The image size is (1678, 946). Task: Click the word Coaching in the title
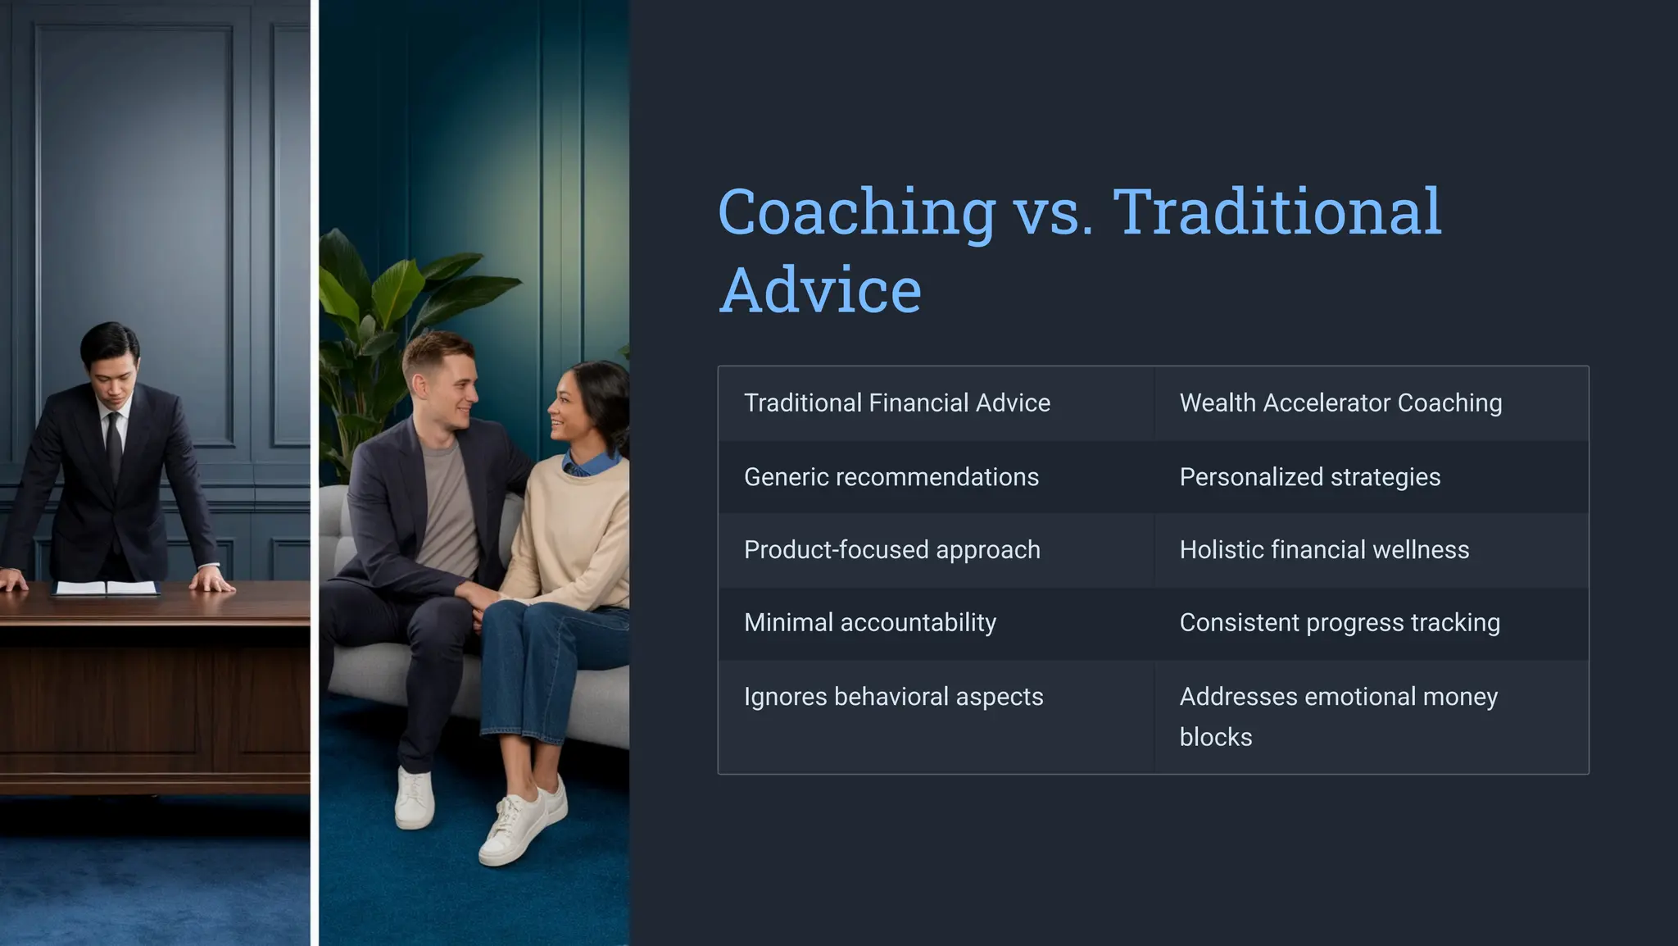tap(856, 212)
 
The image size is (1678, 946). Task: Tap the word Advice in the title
tap(820, 291)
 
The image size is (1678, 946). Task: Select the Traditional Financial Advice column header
tap(896, 403)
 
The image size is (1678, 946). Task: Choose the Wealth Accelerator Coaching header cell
tap(1340, 403)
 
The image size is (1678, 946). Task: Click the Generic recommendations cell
tap(891, 477)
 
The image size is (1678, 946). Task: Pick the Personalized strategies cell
tap(1309, 477)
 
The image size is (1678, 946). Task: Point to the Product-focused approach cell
tap(891, 550)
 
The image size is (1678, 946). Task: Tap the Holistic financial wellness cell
tap(1324, 550)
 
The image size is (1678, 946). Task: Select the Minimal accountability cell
tap(869, 623)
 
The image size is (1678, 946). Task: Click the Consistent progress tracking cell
tap(1340, 623)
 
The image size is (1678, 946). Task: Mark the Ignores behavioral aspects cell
tap(893, 697)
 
